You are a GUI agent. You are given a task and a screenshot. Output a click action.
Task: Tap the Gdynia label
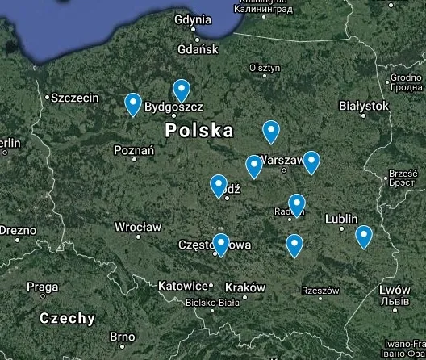click(x=193, y=19)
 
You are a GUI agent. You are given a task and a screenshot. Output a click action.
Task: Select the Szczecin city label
click(x=74, y=98)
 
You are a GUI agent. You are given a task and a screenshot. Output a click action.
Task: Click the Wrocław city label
click(x=138, y=227)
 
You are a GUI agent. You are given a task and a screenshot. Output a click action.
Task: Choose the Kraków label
click(x=245, y=287)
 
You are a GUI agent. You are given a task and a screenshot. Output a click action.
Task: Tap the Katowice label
click(x=183, y=286)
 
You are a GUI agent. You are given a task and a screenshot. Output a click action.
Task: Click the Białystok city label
click(x=364, y=106)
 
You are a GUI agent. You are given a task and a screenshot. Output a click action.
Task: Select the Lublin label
click(x=341, y=219)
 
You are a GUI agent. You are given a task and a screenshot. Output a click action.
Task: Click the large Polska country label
click(x=199, y=130)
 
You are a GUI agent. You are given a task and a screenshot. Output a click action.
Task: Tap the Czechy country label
click(x=68, y=318)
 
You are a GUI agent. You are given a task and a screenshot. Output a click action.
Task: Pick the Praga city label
click(x=42, y=287)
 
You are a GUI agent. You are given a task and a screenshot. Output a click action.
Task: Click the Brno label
click(x=122, y=337)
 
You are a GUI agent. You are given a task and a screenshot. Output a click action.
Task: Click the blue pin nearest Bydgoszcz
click(x=182, y=90)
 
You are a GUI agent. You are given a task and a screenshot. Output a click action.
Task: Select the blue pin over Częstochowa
click(x=221, y=244)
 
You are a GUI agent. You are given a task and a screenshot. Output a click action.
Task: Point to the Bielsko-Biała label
click(x=212, y=303)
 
